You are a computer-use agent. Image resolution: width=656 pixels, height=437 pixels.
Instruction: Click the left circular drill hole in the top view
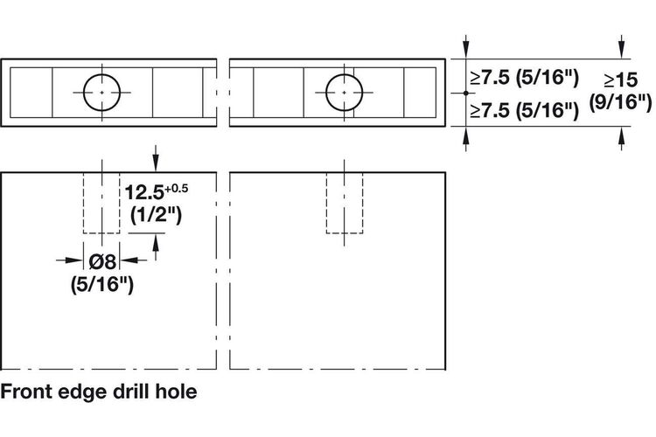(84, 93)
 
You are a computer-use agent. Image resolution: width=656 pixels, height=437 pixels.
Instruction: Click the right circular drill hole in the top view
(326, 93)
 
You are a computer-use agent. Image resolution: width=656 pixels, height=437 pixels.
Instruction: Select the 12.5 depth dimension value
(144, 192)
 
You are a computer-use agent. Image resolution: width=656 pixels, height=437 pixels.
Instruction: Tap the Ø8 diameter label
(102, 262)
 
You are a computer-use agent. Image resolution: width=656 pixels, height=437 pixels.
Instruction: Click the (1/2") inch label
(156, 215)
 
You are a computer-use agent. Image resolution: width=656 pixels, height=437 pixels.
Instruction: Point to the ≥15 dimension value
(621, 80)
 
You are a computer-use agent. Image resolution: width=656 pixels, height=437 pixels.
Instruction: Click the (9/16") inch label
(620, 102)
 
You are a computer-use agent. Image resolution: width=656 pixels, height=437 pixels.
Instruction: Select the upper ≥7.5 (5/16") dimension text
(525, 78)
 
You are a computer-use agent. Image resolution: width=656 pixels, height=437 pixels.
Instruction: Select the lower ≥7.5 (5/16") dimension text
(525, 110)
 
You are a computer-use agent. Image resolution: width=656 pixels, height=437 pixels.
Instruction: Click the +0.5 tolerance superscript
(176, 189)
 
